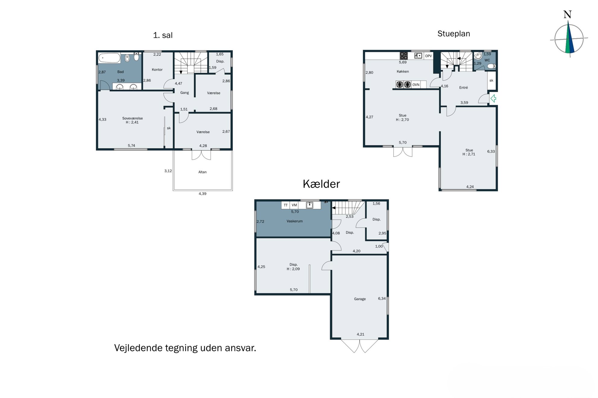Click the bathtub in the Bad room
(109, 58)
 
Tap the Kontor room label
(157, 69)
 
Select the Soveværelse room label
(132, 118)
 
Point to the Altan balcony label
(202, 172)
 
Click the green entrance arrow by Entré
(493, 98)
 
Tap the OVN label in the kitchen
(416, 85)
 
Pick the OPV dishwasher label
(428, 56)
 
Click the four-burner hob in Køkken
(404, 56)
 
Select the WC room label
(487, 60)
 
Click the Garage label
(360, 299)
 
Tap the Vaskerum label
(294, 221)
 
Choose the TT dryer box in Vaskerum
(285, 205)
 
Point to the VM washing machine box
(294, 205)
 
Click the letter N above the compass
(568, 14)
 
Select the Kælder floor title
(321, 184)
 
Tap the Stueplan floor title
(454, 34)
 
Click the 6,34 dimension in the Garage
(382, 299)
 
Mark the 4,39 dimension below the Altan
(202, 194)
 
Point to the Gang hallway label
(184, 93)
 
